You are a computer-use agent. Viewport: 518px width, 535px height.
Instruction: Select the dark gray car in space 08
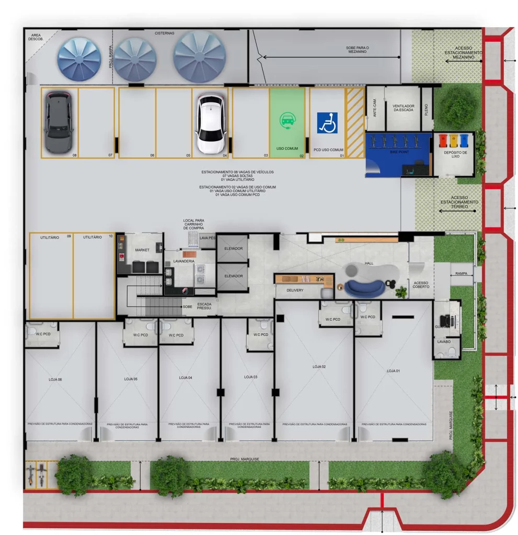(58, 122)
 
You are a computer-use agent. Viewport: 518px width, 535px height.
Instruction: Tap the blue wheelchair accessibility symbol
(327, 123)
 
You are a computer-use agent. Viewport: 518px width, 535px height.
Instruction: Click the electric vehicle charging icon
(287, 120)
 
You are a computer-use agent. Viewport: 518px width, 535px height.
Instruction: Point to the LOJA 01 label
(393, 370)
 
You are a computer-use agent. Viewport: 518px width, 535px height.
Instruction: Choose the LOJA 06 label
(55, 379)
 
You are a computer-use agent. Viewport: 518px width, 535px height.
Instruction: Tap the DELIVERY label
(295, 290)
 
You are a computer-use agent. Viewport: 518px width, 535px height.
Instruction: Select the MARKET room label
(142, 250)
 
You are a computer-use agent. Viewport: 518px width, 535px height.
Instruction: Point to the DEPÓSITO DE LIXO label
(455, 154)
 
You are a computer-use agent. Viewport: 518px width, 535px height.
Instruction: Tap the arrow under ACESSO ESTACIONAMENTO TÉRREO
(457, 212)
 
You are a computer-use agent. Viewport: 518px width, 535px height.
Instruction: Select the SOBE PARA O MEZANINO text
(357, 50)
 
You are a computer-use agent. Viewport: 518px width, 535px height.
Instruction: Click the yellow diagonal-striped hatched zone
(355, 122)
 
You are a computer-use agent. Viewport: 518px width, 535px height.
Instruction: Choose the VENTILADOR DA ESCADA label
(403, 108)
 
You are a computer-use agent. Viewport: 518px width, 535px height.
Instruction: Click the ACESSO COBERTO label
(421, 284)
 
